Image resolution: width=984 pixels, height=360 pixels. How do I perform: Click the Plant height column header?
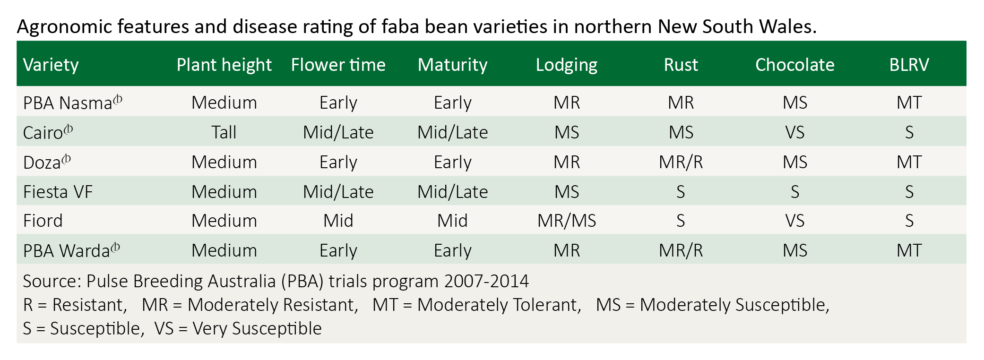pyautogui.click(x=224, y=65)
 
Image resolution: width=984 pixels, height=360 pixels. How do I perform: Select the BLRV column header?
pyautogui.click(x=909, y=65)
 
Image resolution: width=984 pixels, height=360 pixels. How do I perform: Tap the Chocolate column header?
pyautogui.click(x=794, y=65)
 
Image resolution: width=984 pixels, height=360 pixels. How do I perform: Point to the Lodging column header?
pyautogui.click(x=566, y=65)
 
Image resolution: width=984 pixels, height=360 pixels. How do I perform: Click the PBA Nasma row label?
pyautogui.click(x=72, y=103)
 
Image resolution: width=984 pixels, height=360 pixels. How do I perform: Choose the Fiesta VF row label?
pyautogui.click(x=58, y=192)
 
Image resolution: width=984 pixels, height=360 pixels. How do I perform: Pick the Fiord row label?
pyautogui.click(x=43, y=221)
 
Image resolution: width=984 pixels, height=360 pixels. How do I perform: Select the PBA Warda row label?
pyautogui.click(x=71, y=250)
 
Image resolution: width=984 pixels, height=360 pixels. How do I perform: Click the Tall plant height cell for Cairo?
pyautogui.click(x=224, y=132)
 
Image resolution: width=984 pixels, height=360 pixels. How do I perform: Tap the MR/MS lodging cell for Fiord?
pyautogui.click(x=567, y=221)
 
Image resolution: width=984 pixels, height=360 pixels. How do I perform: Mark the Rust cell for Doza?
pyautogui.click(x=681, y=162)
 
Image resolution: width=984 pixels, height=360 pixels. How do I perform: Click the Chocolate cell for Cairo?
pyautogui.click(x=795, y=132)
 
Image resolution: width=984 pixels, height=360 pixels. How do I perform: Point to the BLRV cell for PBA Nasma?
pyautogui.click(x=909, y=103)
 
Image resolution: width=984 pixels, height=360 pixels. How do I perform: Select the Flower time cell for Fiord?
pyautogui.click(x=338, y=221)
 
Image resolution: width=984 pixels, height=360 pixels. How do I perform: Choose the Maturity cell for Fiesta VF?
pyautogui.click(x=452, y=192)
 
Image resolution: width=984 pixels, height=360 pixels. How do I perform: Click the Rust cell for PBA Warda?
pyautogui.click(x=681, y=250)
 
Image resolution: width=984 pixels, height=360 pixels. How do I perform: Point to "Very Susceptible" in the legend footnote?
pyautogui.click(x=257, y=328)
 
